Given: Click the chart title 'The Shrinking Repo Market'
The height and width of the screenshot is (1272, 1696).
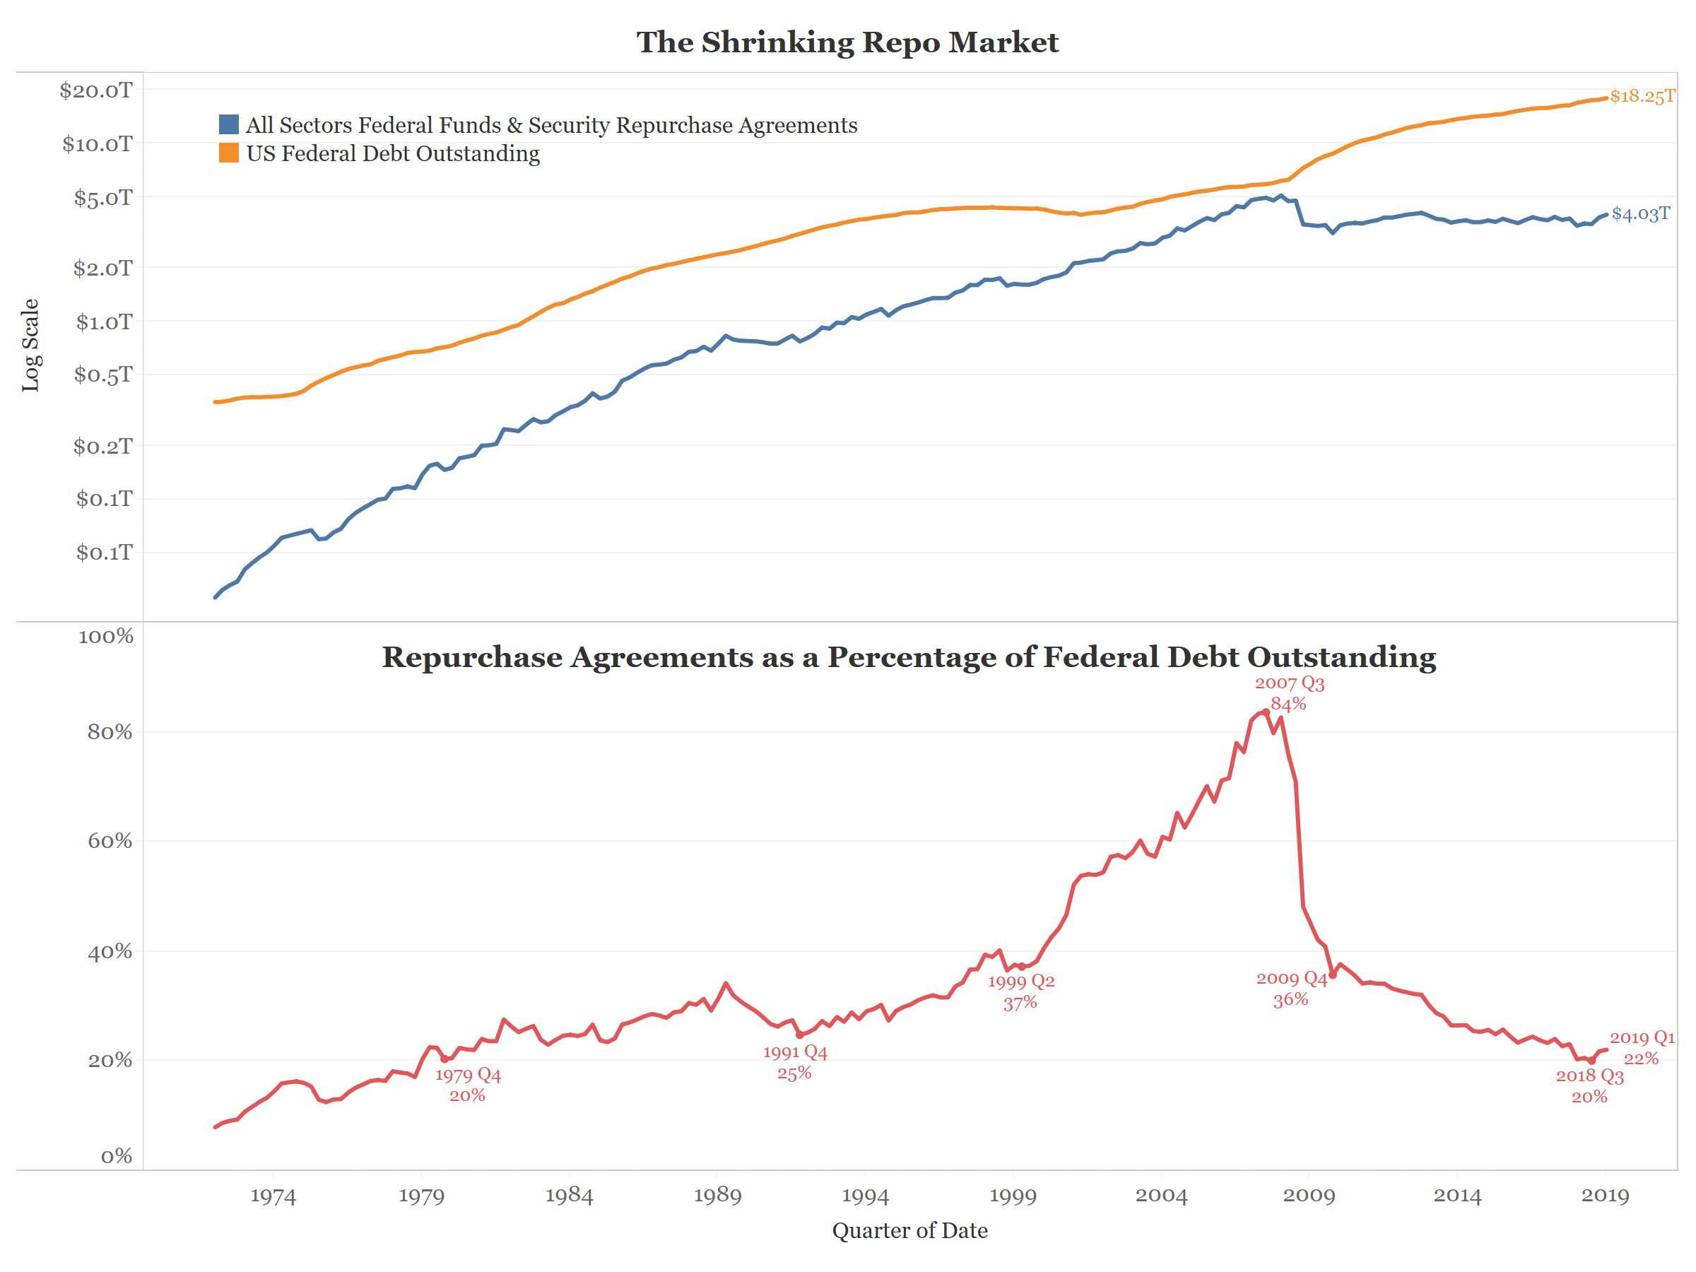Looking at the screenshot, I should (x=847, y=42).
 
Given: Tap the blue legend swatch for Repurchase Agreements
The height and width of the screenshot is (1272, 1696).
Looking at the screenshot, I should (x=228, y=125).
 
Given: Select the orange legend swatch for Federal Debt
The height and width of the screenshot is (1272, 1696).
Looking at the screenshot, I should (x=228, y=153).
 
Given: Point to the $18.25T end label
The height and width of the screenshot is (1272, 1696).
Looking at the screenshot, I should (x=1642, y=97).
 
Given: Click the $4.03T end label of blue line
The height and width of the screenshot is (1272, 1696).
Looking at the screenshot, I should (x=1640, y=214).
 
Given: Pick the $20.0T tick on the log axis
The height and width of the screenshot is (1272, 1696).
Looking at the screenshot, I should (x=96, y=90).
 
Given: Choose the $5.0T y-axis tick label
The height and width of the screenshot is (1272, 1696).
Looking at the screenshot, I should (x=102, y=198).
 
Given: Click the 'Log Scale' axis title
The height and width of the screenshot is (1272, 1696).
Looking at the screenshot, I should (x=30, y=345).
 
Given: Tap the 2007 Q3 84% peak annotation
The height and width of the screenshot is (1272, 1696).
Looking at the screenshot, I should (x=1289, y=693).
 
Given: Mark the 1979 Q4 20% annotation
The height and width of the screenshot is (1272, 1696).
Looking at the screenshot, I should (x=468, y=1085).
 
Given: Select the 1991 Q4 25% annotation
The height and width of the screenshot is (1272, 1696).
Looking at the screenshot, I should (x=795, y=1063).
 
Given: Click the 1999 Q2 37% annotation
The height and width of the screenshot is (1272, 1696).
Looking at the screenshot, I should (x=1020, y=991).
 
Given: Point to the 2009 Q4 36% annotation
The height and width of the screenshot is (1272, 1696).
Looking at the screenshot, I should (x=1291, y=989).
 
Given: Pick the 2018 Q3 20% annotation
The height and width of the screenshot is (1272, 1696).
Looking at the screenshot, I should (x=1589, y=1085).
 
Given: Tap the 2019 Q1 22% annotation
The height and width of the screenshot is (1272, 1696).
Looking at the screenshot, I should (x=1642, y=1047).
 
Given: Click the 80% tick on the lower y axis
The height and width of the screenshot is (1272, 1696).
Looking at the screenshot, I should (x=110, y=732).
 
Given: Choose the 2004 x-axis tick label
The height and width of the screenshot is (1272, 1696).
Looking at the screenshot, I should (x=1161, y=1196).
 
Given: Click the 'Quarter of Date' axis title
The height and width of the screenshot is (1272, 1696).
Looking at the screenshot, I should (x=909, y=1230).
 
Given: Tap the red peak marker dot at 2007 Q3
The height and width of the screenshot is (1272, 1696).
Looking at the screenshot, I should (x=1266, y=712).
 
